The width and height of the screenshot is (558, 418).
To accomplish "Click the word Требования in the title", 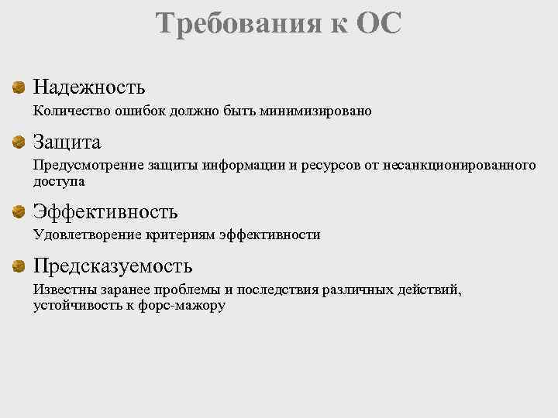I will point(232,23).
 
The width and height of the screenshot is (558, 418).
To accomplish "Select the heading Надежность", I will point(89,87).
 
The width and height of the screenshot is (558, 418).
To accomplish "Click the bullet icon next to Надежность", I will point(18,88).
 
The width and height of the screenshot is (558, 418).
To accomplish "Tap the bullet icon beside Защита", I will point(18,142).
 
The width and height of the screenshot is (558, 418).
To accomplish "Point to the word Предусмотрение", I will point(81,166).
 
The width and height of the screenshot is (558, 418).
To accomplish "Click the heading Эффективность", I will point(105,211).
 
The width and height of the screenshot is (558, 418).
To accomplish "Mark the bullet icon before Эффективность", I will point(18,211).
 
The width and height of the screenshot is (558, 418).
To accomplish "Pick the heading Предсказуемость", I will point(112,266).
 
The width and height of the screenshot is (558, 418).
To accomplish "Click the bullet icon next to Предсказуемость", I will point(18,267).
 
